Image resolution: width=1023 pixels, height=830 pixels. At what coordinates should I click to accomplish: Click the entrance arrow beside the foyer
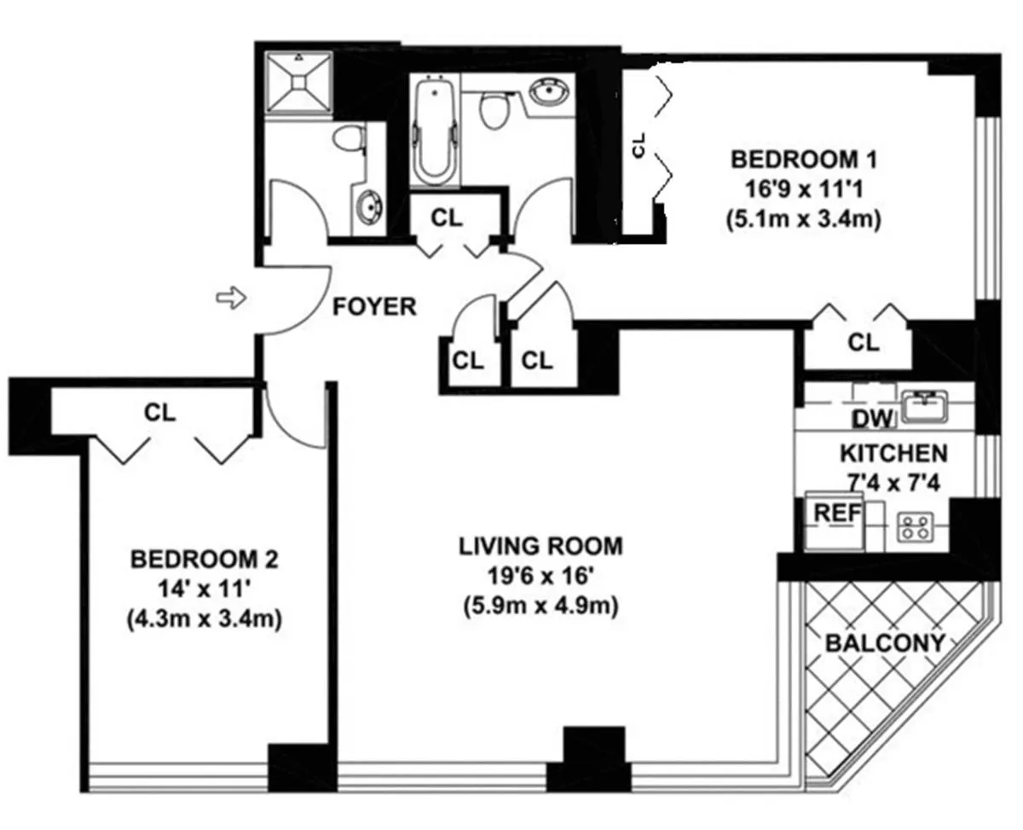230,298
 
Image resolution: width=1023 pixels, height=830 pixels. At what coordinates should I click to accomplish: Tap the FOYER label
374,306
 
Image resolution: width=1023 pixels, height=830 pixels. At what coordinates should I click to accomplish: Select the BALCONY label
886,642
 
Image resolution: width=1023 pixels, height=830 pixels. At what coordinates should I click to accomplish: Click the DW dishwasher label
872,418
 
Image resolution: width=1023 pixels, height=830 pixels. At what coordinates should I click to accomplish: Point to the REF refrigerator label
835,513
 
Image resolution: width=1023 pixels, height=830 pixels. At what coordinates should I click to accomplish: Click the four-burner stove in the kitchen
916,527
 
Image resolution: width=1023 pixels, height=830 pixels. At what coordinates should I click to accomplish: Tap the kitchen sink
925,405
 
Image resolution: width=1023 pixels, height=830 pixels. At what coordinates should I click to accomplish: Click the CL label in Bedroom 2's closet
159,413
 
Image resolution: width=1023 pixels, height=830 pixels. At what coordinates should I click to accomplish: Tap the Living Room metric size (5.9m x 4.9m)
540,607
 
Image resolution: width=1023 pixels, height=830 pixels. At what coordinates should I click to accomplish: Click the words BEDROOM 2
204,560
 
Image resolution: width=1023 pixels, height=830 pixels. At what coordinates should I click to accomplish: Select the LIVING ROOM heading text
540,545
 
